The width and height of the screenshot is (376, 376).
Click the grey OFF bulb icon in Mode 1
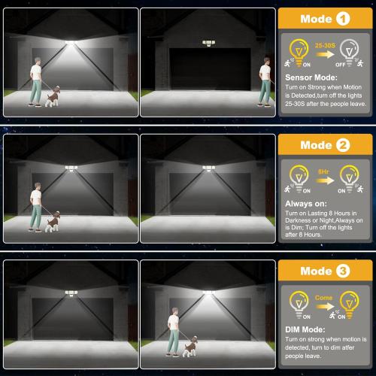point(350,54)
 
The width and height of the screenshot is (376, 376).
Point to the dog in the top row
point(53,96)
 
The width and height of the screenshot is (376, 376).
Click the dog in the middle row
point(52,221)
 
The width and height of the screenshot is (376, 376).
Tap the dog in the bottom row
point(191,345)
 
